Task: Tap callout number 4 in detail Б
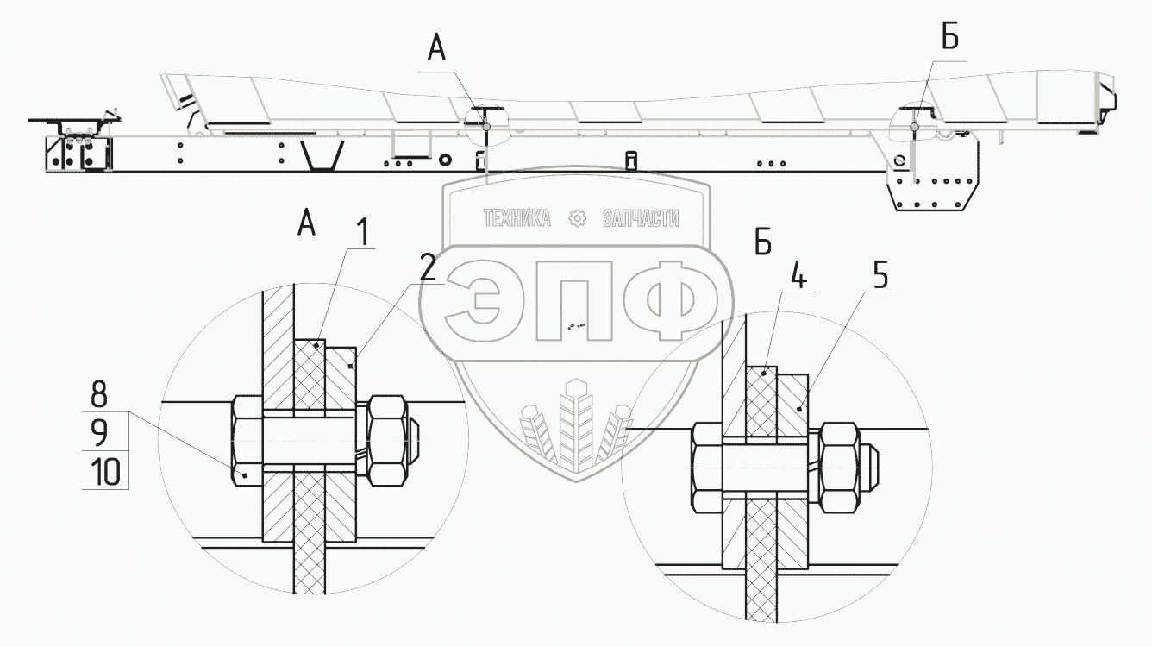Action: click(799, 280)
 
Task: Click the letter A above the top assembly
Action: click(436, 51)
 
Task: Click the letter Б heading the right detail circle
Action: click(762, 245)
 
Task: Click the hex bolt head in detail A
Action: click(247, 441)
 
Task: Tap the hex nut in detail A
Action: click(386, 441)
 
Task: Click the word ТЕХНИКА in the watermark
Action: click(517, 218)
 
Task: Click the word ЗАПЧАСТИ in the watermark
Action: click(640, 218)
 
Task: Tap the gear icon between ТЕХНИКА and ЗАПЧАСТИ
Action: click(578, 218)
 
